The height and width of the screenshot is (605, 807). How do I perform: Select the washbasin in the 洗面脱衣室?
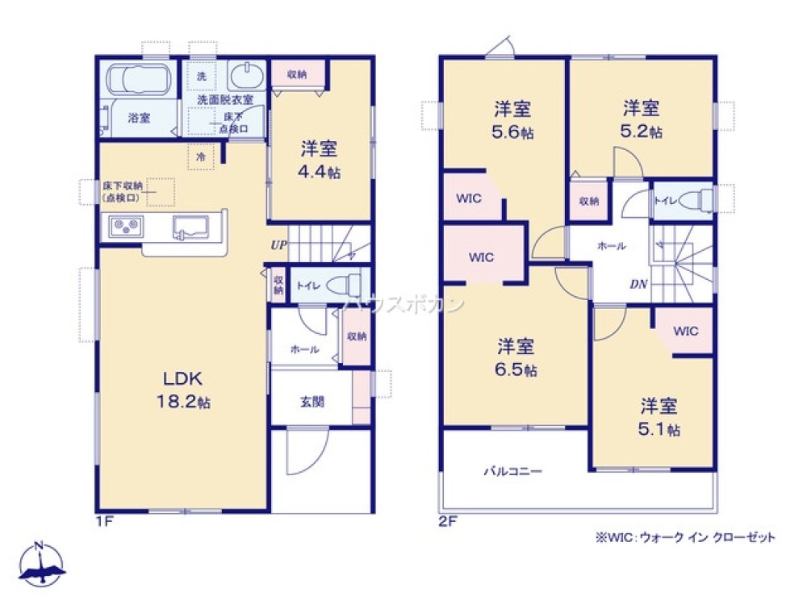245,77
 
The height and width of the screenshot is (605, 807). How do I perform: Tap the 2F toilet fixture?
699,200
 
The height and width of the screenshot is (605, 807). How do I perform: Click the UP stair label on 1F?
278,244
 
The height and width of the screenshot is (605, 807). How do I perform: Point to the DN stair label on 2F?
638,284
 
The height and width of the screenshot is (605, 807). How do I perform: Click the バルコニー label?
512,470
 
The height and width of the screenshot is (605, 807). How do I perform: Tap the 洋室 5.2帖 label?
642,118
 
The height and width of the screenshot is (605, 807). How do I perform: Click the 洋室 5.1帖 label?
660,416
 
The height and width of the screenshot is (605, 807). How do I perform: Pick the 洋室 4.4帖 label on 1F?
320,160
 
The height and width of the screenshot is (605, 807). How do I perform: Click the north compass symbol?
40,564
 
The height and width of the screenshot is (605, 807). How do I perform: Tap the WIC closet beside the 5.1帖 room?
685,332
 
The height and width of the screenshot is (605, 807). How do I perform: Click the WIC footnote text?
685,536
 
